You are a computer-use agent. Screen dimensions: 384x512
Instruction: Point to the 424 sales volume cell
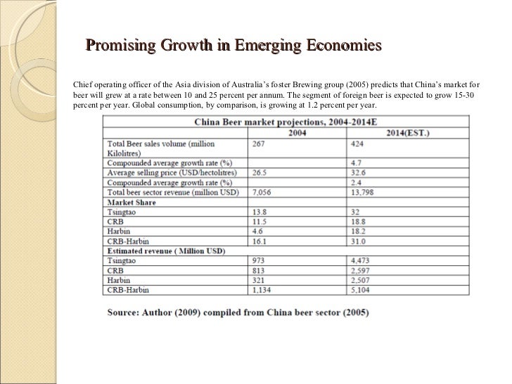pyautogui.click(x=356, y=143)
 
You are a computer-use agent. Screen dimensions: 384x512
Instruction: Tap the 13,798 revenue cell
pyautogui.click(x=360, y=192)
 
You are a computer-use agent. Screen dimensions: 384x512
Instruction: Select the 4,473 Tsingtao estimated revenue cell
pyautogui.click(x=359, y=260)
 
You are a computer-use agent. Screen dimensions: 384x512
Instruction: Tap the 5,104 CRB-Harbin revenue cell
pyautogui.click(x=359, y=288)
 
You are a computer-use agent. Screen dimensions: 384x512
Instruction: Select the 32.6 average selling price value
pyautogui.click(x=356, y=172)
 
